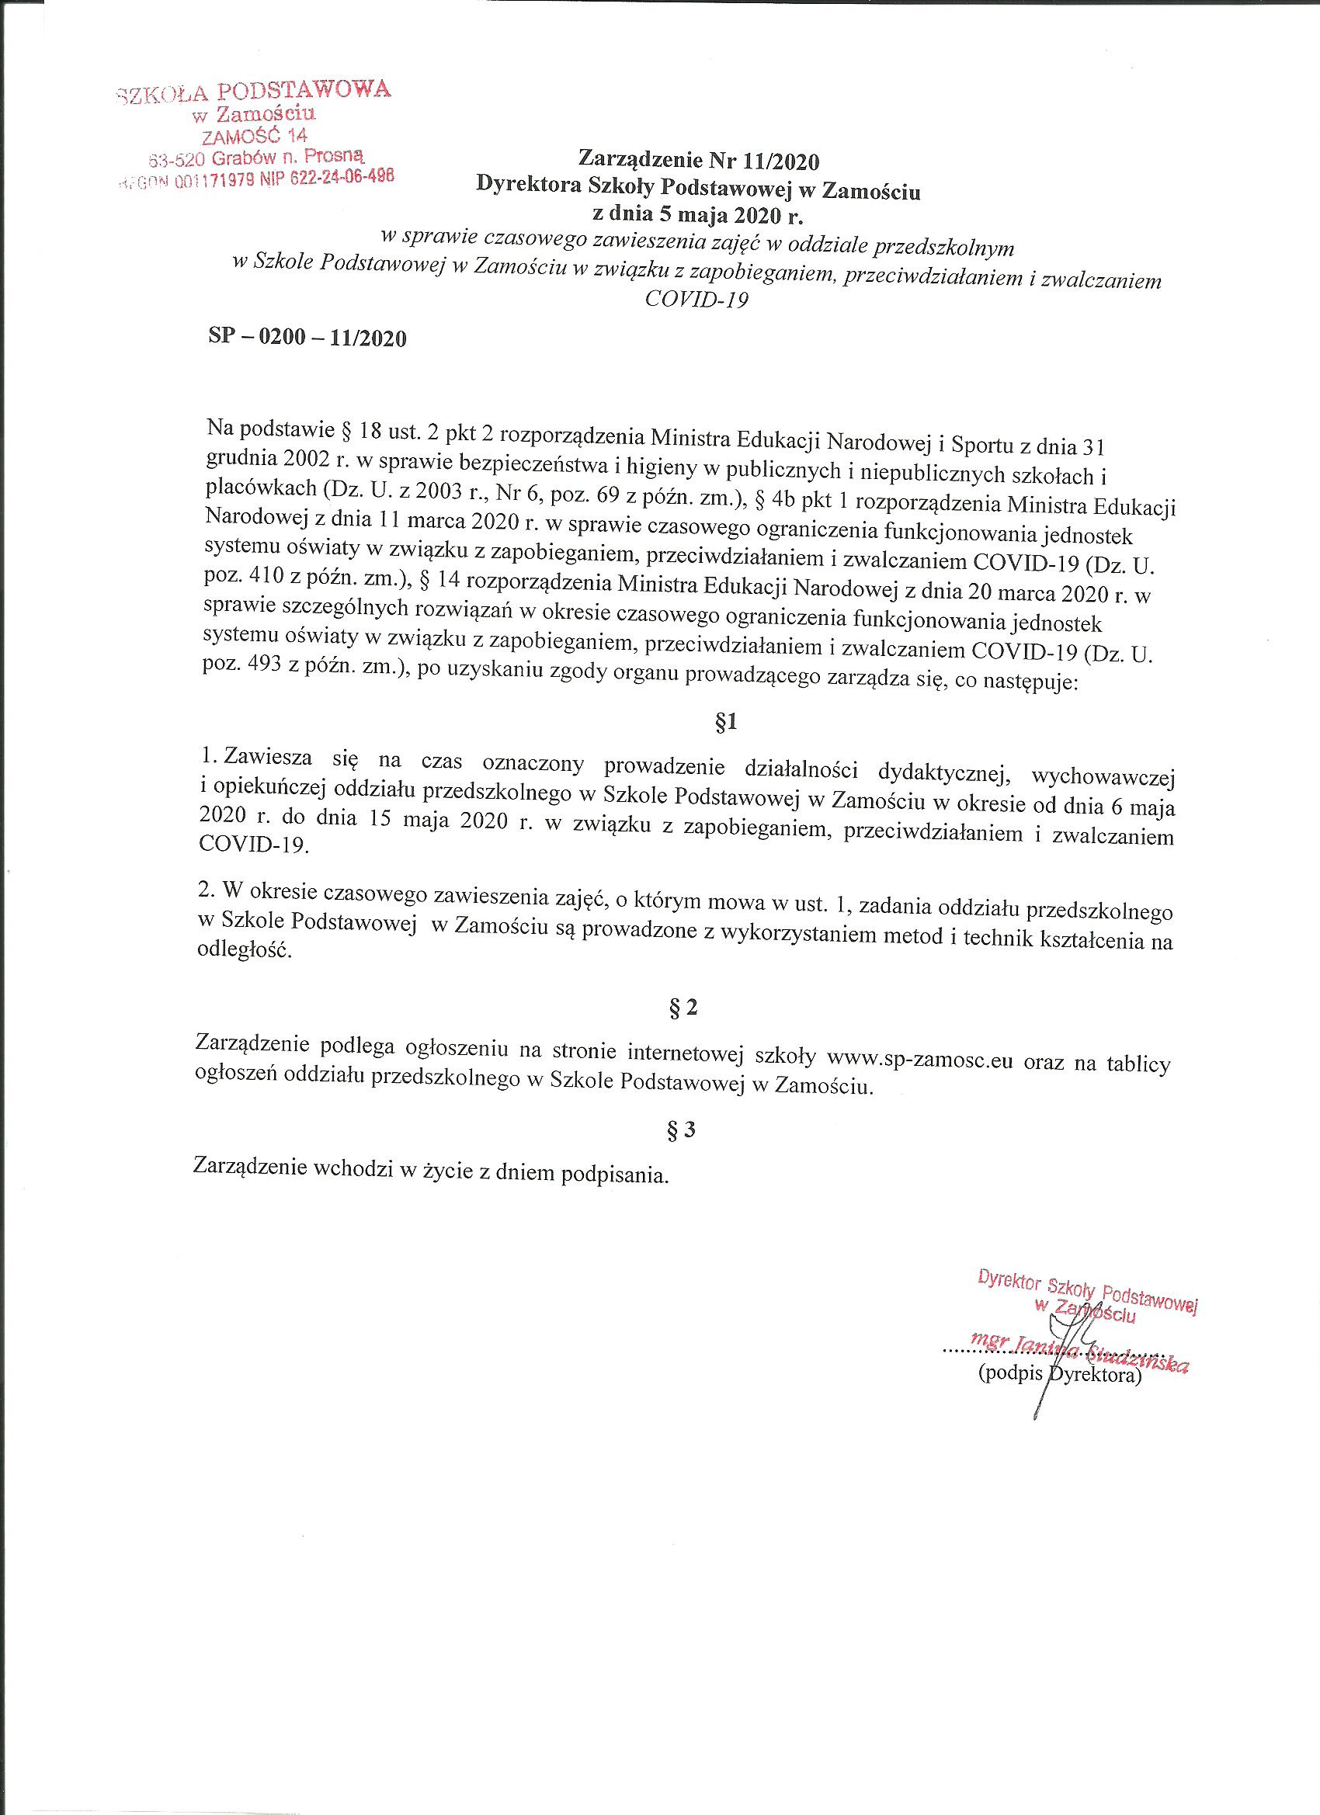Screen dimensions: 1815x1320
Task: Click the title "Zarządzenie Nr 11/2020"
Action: [x=700, y=162]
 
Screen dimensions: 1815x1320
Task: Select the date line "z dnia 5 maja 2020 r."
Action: [x=697, y=216]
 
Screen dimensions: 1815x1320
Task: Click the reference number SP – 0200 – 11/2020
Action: [x=307, y=338]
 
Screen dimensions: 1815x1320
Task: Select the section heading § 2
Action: [x=682, y=1009]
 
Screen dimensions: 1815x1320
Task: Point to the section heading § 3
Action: [x=682, y=1131]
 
